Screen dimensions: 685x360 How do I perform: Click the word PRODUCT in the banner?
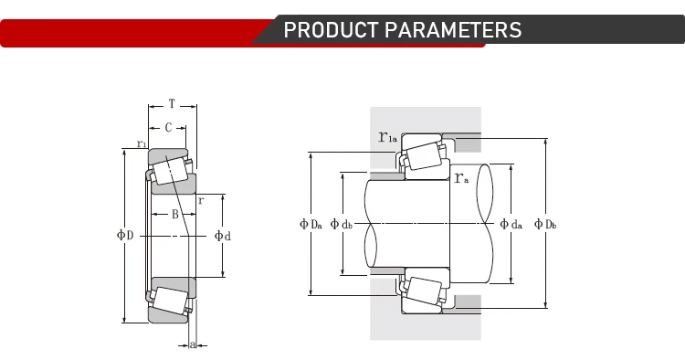(331, 30)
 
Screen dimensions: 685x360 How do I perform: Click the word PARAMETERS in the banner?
(453, 30)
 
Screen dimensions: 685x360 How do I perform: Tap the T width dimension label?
(172, 104)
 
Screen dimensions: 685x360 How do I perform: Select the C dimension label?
(168, 128)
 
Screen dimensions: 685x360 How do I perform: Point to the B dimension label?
(174, 214)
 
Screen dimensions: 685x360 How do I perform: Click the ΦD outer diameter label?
(125, 235)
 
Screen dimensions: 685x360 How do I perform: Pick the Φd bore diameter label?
(222, 236)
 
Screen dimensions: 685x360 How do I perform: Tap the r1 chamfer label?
(142, 143)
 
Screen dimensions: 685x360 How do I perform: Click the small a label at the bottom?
(193, 344)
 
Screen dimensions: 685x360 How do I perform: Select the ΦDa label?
(311, 224)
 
